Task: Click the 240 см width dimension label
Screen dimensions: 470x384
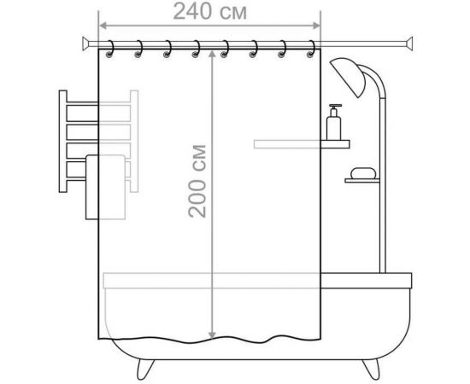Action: pos(210,12)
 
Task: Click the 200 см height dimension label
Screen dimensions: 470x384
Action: pos(197,181)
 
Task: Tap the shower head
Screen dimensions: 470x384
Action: pos(348,77)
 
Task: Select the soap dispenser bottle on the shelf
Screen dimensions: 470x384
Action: pos(334,122)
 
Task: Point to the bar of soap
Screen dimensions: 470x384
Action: pos(363,173)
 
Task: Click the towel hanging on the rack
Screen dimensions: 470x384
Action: pos(105,187)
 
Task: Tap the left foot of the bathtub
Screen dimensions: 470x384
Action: pos(145,369)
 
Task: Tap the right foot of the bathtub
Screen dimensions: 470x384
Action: pos(372,369)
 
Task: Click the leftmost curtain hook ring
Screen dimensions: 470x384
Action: pos(110,49)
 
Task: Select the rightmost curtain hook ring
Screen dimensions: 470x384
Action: pos(311,49)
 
